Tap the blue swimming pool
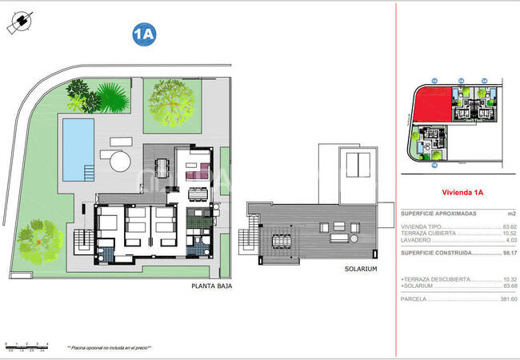tap(78, 149)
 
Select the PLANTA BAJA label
tap(211, 286)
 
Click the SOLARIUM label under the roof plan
tap(360, 270)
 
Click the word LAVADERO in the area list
tap(417, 241)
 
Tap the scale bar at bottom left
tap(26, 346)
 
